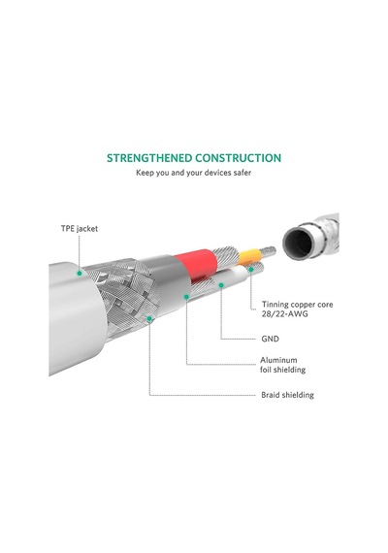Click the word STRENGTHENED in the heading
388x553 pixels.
click(x=149, y=158)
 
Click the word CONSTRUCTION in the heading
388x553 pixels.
click(x=239, y=158)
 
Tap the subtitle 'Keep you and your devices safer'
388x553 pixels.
click(x=194, y=173)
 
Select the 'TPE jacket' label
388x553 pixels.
click(x=80, y=229)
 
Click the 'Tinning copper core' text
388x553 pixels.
click(x=298, y=305)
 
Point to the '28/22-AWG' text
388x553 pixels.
click(x=284, y=314)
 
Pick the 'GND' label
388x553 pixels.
click(x=271, y=339)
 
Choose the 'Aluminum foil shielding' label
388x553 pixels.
click(x=283, y=365)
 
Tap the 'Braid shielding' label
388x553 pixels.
click(x=287, y=395)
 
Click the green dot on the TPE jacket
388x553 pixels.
click(x=80, y=273)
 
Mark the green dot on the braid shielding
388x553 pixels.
click(x=149, y=319)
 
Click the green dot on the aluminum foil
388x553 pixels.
click(x=186, y=297)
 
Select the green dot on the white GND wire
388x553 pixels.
click(x=221, y=285)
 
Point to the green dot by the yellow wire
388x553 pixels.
click(x=251, y=270)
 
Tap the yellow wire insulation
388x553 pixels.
click(x=249, y=256)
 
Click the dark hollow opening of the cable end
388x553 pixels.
click(x=298, y=243)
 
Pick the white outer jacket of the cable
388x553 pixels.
click(x=76, y=317)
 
